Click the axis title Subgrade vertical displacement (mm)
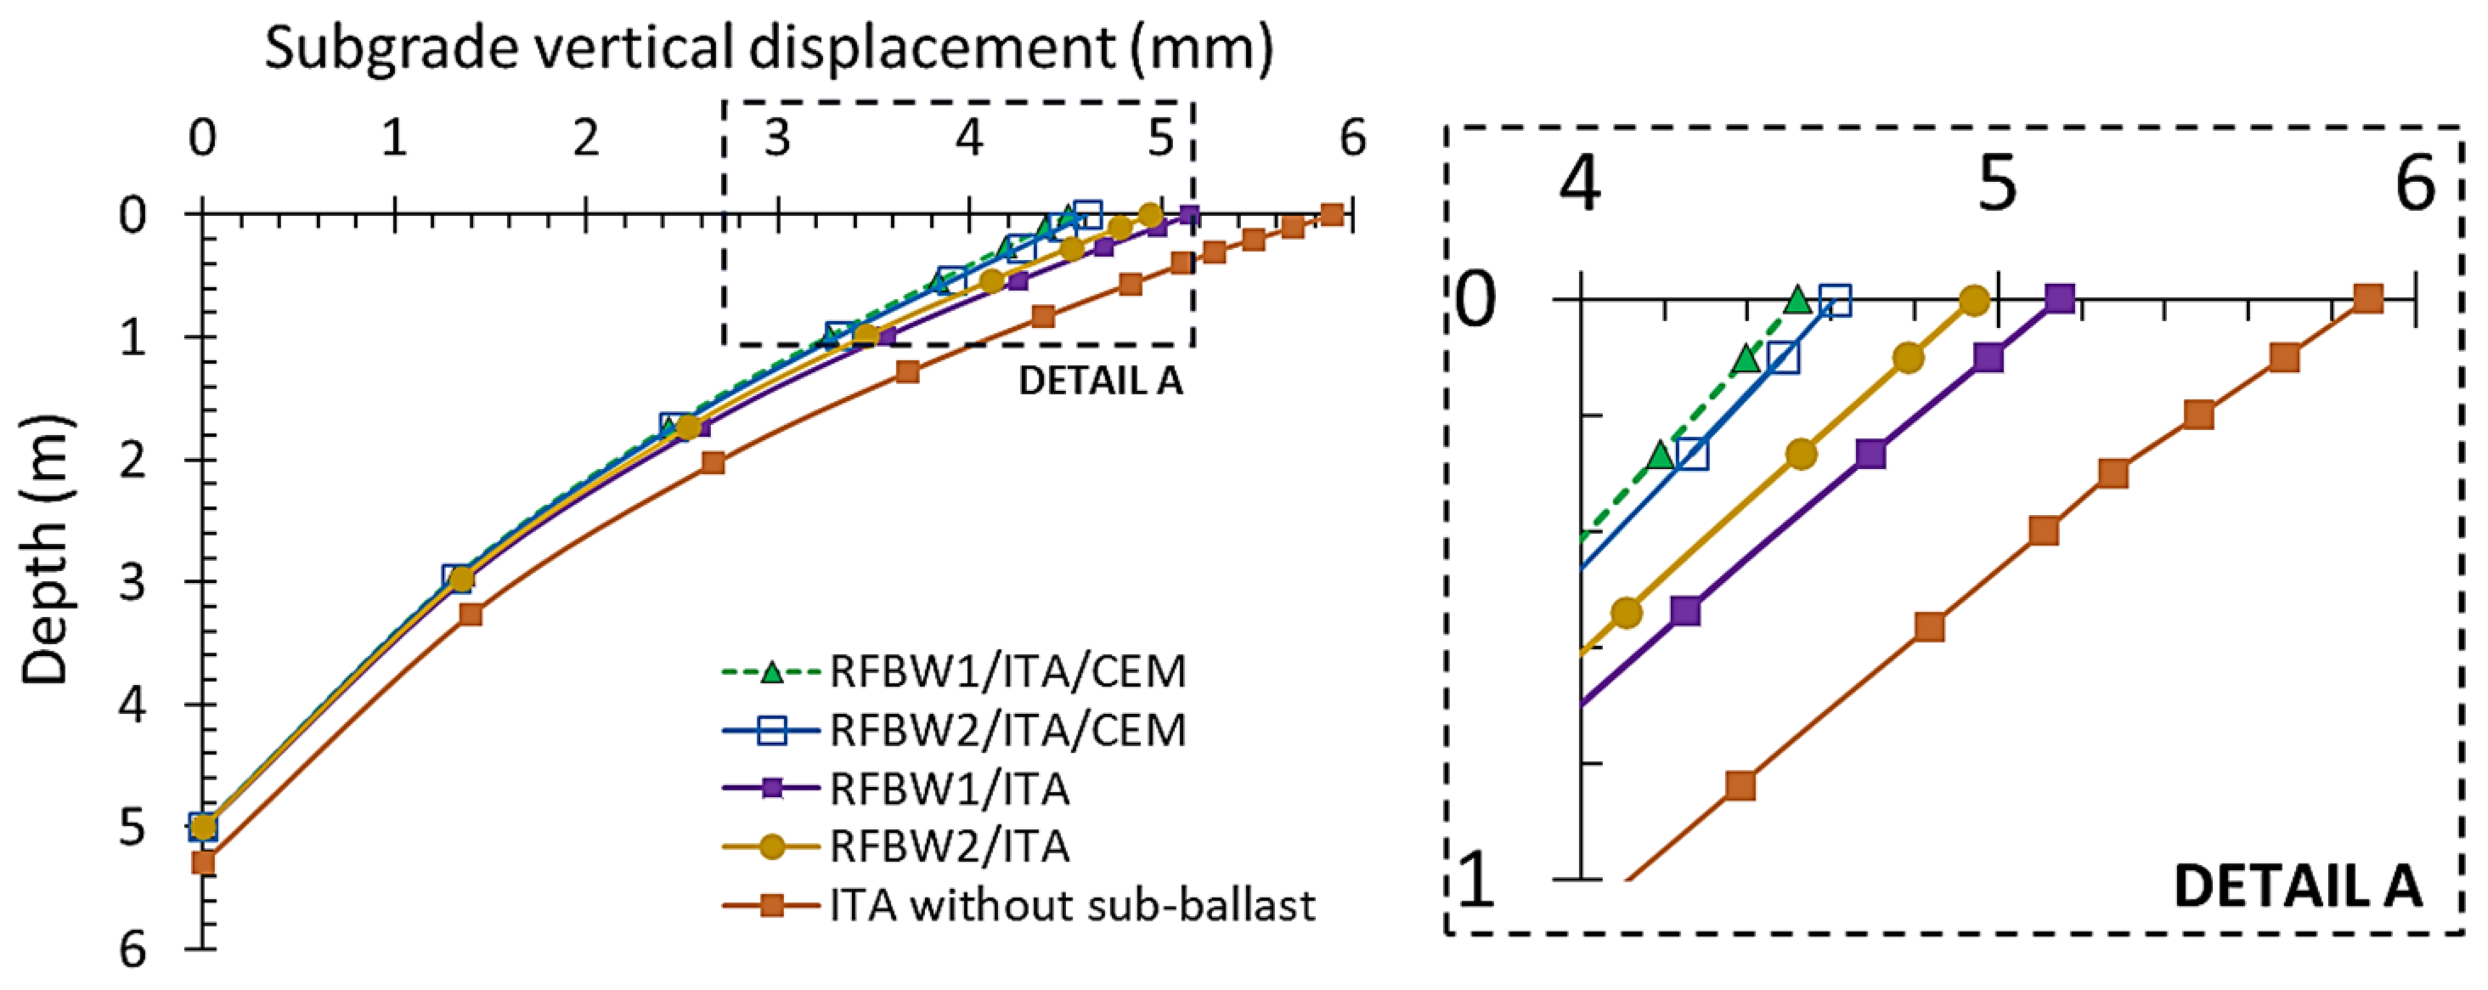769,48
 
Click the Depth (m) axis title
47,551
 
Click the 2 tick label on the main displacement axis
585,139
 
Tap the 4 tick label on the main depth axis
133,705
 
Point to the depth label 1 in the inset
1475,880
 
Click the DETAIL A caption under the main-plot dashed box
1100,381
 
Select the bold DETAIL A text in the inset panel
2297,885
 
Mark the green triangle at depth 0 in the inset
1797,299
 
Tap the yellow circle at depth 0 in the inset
1975,300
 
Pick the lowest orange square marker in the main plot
203,862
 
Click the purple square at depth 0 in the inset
2059,299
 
